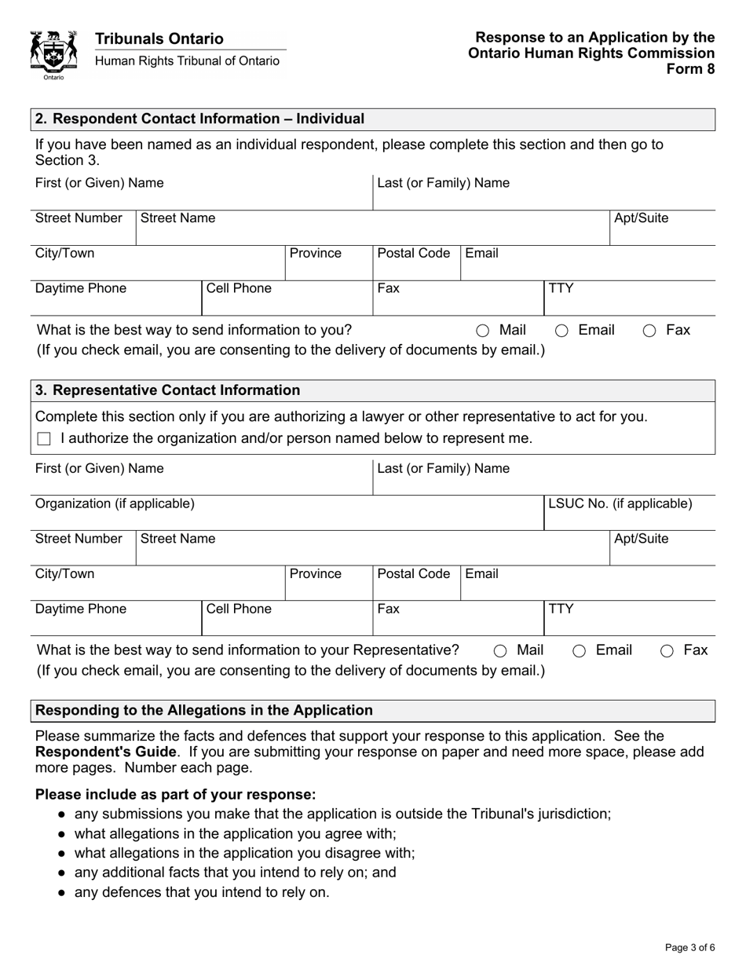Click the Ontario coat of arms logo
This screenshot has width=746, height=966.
[x=53, y=53]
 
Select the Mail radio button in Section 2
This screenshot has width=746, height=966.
[x=482, y=331]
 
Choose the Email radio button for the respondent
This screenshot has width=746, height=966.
[x=561, y=331]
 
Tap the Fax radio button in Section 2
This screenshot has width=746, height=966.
[x=649, y=331]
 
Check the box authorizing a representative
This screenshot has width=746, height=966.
[x=44, y=439]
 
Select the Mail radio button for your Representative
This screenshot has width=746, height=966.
[x=500, y=651]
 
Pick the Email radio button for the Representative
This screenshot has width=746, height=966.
[x=579, y=651]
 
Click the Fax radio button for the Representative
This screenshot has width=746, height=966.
[x=667, y=651]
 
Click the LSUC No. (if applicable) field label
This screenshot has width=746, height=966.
[x=620, y=503]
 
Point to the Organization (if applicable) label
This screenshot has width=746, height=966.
[x=115, y=503]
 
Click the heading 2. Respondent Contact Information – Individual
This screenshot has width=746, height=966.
[x=199, y=119]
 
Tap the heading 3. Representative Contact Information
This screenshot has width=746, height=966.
[x=167, y=391]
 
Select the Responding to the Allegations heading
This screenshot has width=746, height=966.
[x=204, y=711]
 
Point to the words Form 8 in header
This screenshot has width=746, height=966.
[x=690, y=68]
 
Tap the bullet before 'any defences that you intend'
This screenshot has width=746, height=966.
[x=62, y=893]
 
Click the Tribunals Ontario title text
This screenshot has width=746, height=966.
[x=159, y=38]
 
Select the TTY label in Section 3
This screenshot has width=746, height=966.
[x=561, y=609]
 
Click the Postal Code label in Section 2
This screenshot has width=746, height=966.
[x=414, y=254]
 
